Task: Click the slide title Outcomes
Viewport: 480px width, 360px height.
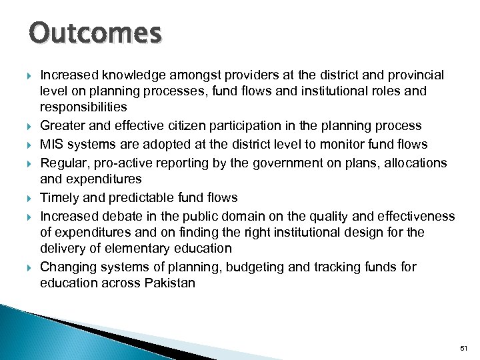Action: pyautogui.click(x=95, y=33)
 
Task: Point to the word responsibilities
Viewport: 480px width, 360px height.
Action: pyautogui.click(x=83, y=107)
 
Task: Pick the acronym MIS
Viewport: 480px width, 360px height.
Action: pyautogui.click(x=51, y=144)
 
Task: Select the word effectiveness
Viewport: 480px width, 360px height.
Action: pyautogui.click(x=413, y=216)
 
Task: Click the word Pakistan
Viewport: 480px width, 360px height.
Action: pyautogui.click(x=170, y=282)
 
